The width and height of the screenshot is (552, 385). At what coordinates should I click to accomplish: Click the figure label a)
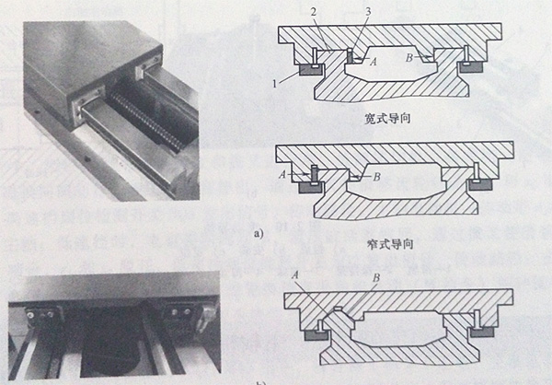260,232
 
